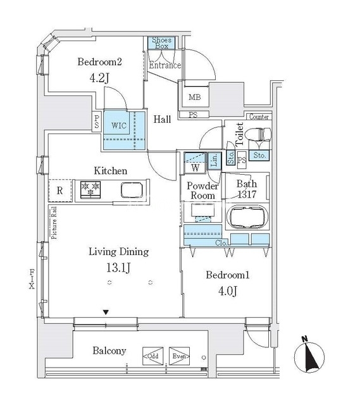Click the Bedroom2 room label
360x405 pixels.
[x=99, y=62]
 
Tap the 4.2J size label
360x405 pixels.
[x=99, y=78]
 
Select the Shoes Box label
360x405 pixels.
[x=161, y=43]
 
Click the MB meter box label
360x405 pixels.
[x=194, y=97]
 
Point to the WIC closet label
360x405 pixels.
[x=119, y=125]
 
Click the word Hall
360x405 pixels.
[x=162, y=120]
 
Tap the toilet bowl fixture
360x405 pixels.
[x=258, y=135]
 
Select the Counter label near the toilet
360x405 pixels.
[x=259, y=117]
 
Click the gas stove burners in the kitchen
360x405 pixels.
[x=90, y=190]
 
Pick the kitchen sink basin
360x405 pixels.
[x=132, y=190]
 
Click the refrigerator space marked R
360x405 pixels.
[x=60, y=190]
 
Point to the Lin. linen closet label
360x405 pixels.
[x=214, y=161]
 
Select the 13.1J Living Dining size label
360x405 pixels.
[x=118, y=268]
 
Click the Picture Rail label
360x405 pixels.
[x=54, y=223]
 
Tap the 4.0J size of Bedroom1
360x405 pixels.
[x=228, y=291]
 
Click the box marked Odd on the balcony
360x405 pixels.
[x=153, y=356]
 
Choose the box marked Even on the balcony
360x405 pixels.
[x=179, y=356]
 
